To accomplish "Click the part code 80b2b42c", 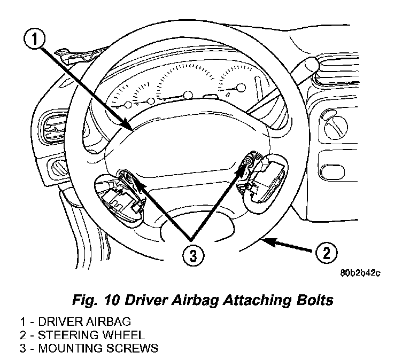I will pos(360,273).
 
